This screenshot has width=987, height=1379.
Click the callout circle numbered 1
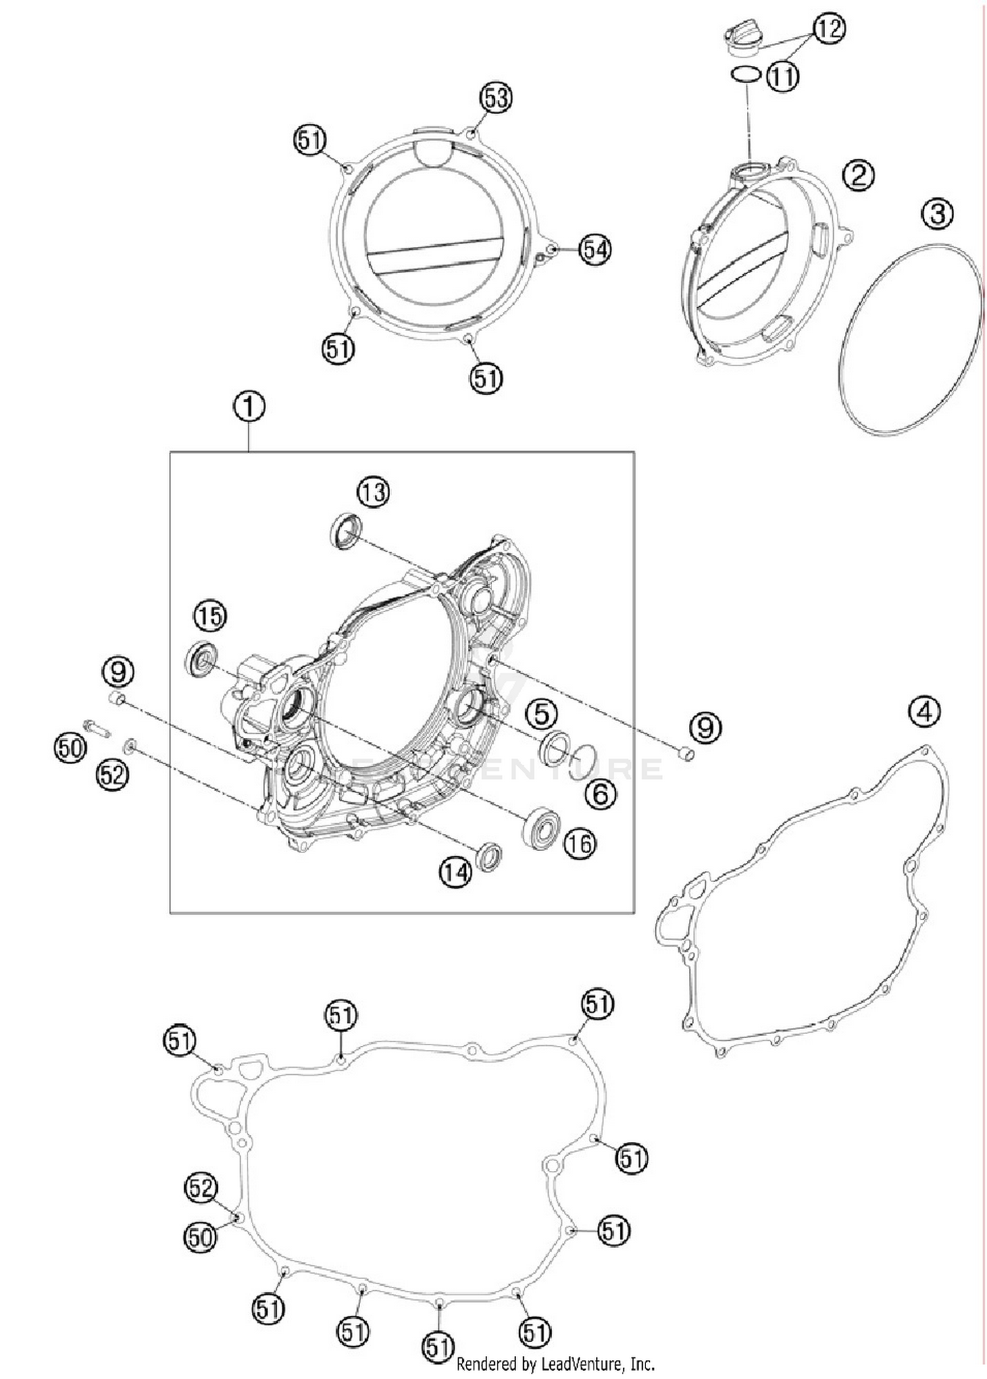pos(249,407)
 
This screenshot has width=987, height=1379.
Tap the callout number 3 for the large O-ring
pos(937,214)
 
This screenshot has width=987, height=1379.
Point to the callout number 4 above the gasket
pos(924,712)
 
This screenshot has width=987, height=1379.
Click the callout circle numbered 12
pos(829,28)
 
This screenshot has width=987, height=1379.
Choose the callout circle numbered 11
pos(783,77)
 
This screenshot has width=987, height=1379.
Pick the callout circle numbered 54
pos(595,250)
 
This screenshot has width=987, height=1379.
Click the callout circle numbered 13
pos(373,492)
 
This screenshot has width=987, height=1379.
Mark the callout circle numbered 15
pos(210,616)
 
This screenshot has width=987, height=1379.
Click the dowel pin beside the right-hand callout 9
pos(686,754)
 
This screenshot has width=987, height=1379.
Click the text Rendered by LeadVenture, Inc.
pos(555,1363)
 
